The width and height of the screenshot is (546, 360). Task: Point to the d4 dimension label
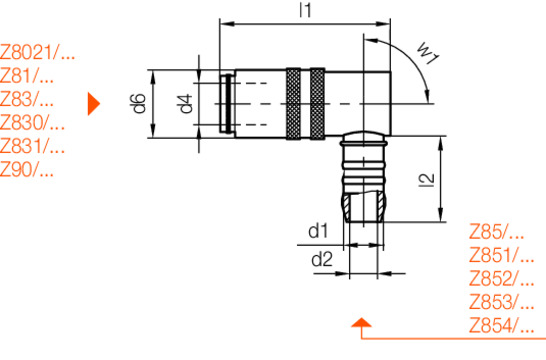point(184,103)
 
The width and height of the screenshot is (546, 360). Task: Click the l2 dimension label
point(427,179)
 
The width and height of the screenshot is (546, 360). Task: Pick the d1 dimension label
point(319,231)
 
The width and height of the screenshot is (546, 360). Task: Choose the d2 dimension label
point(321,260)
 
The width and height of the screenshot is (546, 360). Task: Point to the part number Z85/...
point(495,231)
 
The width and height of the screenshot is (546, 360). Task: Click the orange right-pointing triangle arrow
point(95,102)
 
